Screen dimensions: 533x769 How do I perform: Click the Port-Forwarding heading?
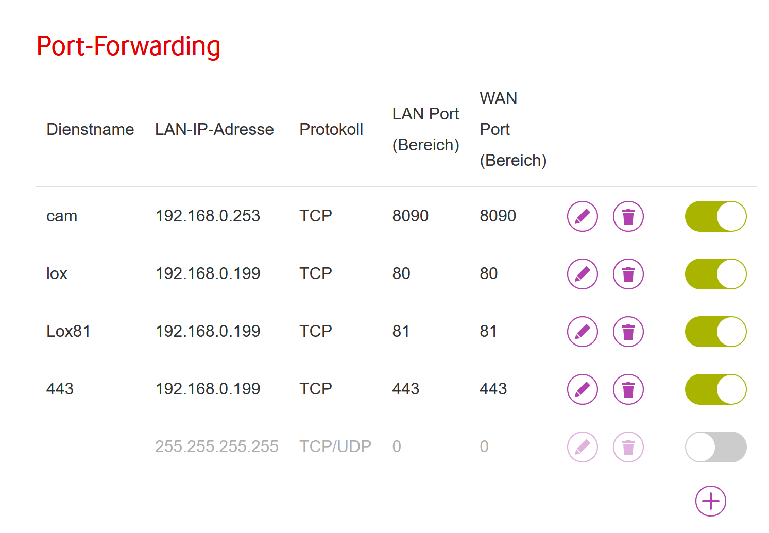click(x=128, y=46)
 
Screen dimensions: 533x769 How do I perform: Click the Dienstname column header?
click(x=90, y=129)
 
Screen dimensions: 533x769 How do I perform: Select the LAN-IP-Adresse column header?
click(x=214, y=129)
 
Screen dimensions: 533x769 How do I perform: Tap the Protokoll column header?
click(x=331, y=129)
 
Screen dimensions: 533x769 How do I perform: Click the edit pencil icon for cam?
click(x=582, y=216)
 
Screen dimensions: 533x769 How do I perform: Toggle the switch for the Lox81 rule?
click(x=715, y=332)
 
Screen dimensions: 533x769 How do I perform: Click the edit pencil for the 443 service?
click(x=582, y=389)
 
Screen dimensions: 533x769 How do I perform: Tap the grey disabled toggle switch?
click(x=715, y=447)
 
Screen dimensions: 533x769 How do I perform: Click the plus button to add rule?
click(x=710, y=501)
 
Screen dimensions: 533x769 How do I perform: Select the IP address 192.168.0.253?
click(x=208, y=216)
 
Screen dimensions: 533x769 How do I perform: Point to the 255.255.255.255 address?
click(x=216, y=446)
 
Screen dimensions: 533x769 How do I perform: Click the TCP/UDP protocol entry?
click(x=335, y=446)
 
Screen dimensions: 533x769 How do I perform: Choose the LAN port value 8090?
click(x=410, y=216)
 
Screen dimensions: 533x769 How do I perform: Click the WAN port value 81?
click(x=488, y=331)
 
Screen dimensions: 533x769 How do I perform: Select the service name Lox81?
click(x=69, y=331)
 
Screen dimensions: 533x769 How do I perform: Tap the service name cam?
click(x=62, y=216)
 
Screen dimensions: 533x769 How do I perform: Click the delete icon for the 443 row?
click(x=628, y=389)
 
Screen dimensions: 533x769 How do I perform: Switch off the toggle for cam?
click(x=715, y=216)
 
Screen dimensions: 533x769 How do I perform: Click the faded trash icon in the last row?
click(x=628, y=447)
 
